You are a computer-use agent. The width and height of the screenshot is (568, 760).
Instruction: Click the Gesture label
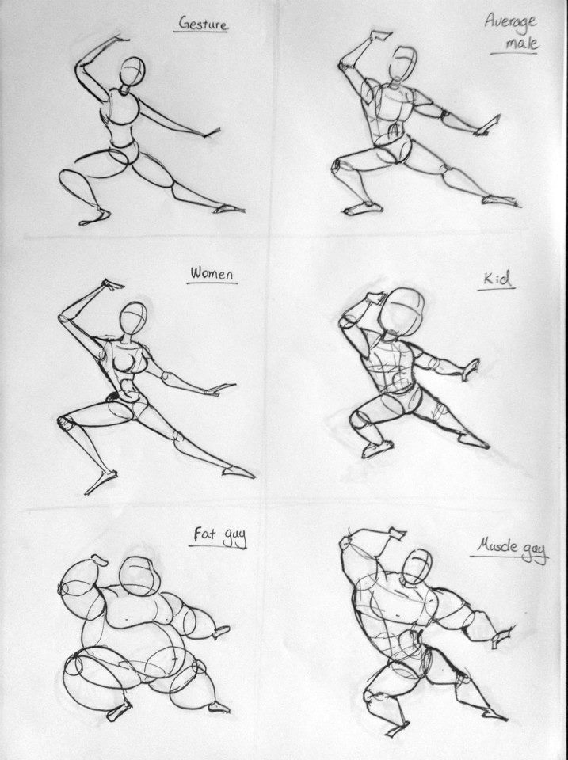click(203, 24)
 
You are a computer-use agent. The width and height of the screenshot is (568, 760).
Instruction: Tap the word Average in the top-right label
click(510, 21)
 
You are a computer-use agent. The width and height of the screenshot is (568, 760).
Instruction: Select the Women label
click(212, 274)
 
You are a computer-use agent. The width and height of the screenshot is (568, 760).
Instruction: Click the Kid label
click(497, 279)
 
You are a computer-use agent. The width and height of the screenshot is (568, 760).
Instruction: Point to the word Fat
click(204, 534)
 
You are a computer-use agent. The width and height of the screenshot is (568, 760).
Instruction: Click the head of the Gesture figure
click(132, 72)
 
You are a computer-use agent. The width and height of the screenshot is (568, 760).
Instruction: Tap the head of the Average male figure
click(402, 63)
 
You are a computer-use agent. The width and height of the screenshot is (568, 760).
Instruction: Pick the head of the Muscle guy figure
click(417, 567)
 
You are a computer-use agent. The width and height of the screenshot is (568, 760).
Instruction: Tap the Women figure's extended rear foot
click(238, 472)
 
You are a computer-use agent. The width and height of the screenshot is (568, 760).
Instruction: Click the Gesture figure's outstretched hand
click(212, 133)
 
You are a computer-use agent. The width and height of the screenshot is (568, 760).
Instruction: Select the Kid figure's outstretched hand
click(470, 370)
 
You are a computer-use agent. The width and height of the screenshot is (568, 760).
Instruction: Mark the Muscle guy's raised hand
click(395, 533)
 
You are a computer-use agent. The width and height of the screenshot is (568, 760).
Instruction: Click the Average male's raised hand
click(381, 36)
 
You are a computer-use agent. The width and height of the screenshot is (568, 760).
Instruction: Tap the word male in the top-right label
click(522, 44)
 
